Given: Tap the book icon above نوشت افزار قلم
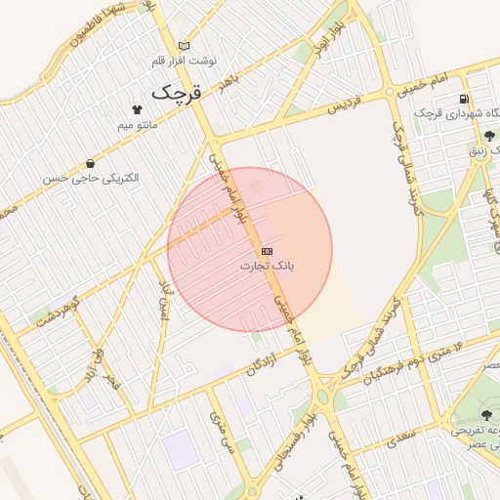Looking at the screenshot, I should click(x=185, y=46).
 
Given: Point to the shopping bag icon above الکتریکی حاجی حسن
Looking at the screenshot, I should click(x=91, y=163).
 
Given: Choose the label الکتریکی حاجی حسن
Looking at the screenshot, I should click(x=91, y=179).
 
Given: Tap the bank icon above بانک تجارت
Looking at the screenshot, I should click(x=268, y=251).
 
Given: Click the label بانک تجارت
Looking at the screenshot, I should click(x=268, y=266).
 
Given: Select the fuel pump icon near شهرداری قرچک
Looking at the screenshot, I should click(x=463, y=99).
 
